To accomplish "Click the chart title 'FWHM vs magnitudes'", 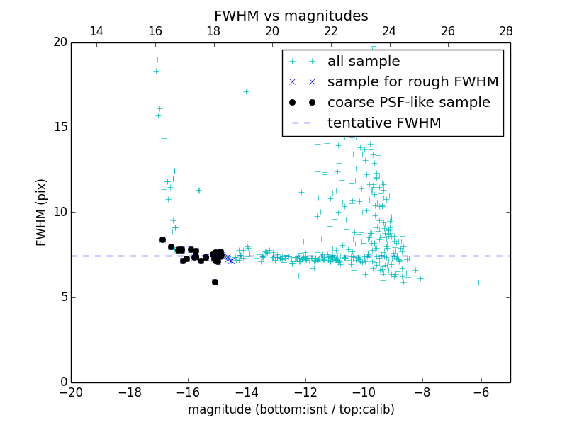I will click(291, 16).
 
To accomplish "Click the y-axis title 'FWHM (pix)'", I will click(42, 212).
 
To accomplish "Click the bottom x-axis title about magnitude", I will click(291, 409).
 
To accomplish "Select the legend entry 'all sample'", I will click(363, 62).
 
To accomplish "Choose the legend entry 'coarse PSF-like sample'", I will click(408, 103).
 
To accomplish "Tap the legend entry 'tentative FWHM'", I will click(383, 123).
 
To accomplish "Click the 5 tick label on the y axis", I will click(63, 297).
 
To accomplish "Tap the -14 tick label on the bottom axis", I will click(247, 392).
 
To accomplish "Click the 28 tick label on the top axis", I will click(505, 31).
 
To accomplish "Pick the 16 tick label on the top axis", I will click(155, 31).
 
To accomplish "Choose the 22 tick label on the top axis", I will click(330, 31).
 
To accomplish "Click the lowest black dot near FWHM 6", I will click(215, 282).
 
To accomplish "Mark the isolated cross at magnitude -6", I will click(478, 283).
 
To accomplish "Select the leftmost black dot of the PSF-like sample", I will click(162, 239).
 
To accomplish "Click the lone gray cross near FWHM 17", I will click(246, 91).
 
